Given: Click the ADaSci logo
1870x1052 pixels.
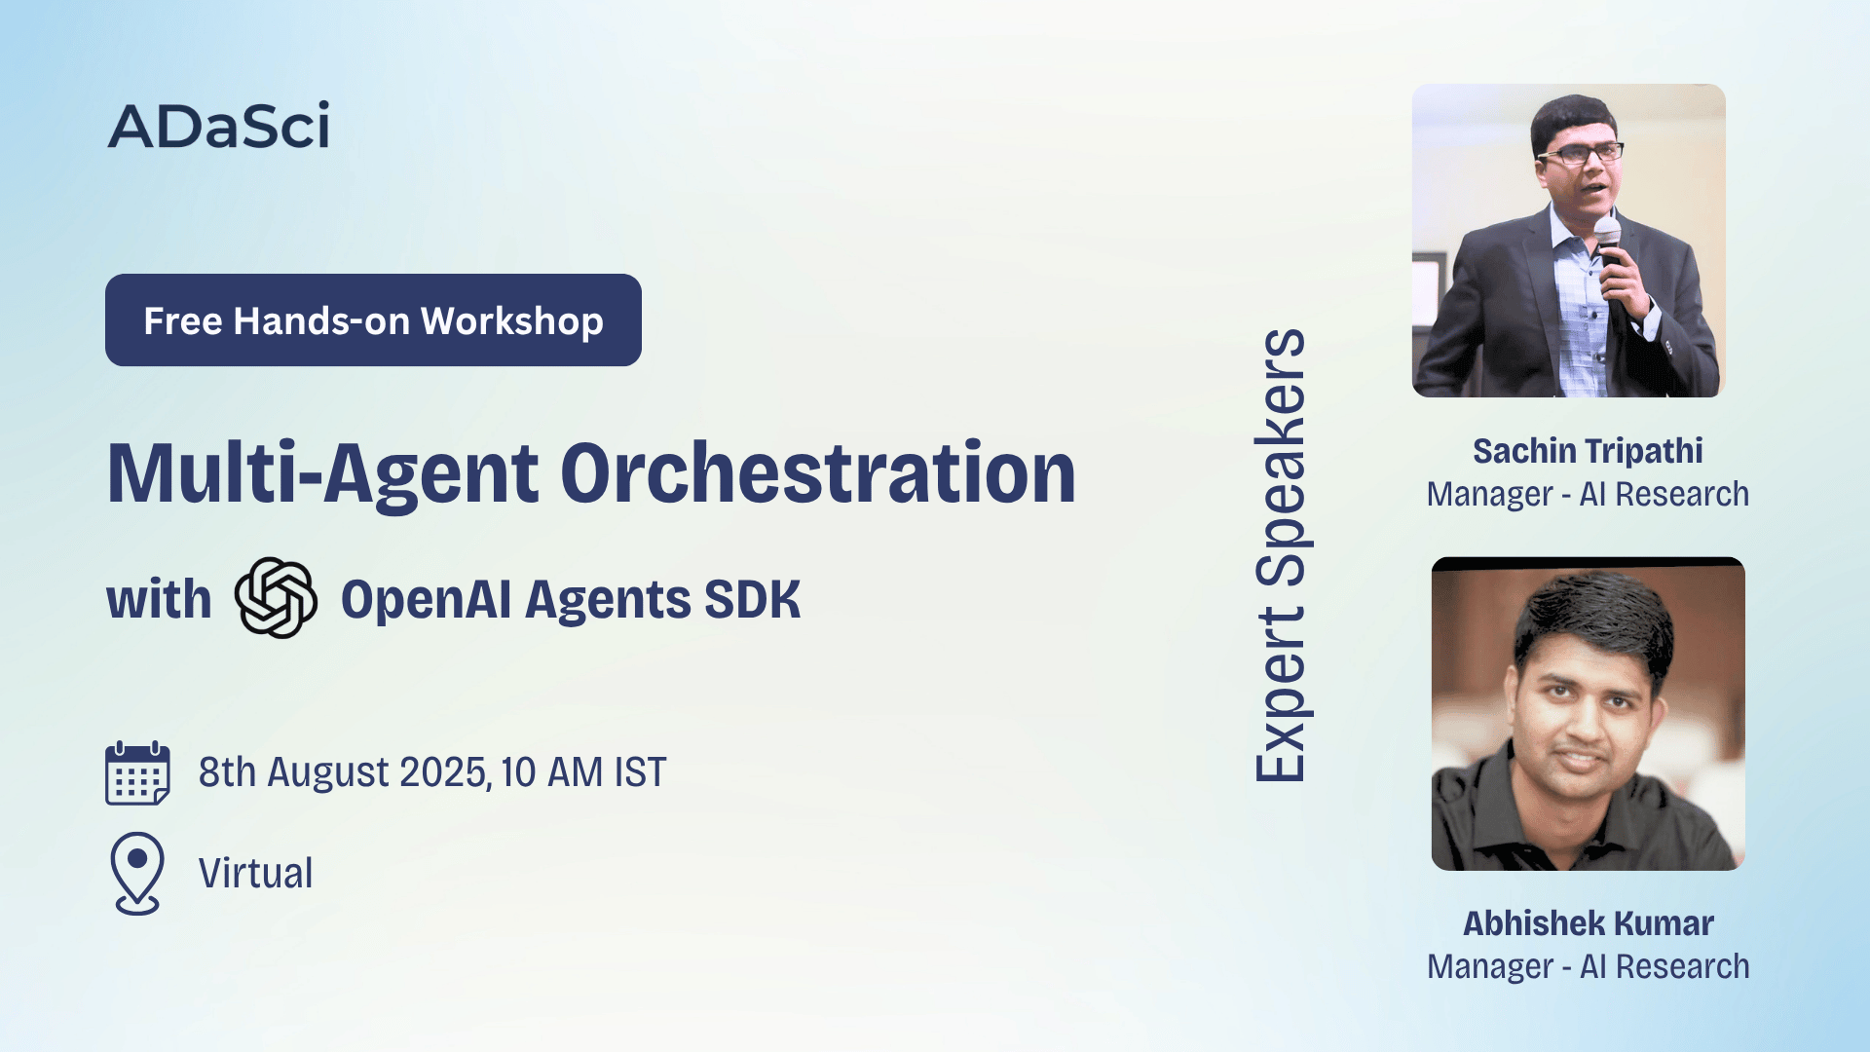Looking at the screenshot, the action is [x=219, y=126].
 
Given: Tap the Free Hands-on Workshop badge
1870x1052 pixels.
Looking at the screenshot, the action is [x=373, y=320].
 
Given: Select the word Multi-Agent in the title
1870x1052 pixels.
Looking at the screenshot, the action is [x=322, y=475].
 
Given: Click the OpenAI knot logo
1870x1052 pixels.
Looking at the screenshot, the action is [x=276, y=597].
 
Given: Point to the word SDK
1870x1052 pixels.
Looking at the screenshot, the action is [x=752, y=599].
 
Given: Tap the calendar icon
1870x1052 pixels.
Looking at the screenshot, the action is [x=137, y=773].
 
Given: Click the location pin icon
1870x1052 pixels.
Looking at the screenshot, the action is [x=137, y=873].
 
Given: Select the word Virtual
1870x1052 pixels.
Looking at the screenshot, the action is [x=256, y=873].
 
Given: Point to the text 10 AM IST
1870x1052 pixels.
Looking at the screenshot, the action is [x=583, y=772].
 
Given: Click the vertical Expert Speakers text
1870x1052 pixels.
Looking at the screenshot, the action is [x=1280, y=555].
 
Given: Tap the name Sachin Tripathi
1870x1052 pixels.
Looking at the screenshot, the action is [x=1588, y=451].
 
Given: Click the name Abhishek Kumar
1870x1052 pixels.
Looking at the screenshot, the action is [x=1588, y=923].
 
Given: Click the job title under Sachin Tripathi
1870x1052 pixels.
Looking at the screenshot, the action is [x=1588, y=494].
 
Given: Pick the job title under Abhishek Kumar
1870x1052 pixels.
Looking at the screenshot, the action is [x=1588, y=966].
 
